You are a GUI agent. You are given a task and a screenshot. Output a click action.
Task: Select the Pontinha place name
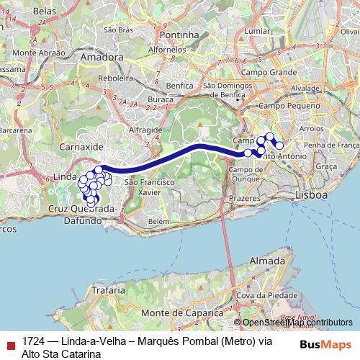point(180,35)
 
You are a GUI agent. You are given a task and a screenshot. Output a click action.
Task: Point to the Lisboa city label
point(312,195)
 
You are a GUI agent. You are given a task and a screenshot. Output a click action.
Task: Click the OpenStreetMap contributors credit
point(297,323)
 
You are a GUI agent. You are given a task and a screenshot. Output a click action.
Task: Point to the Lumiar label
point(257,31)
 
